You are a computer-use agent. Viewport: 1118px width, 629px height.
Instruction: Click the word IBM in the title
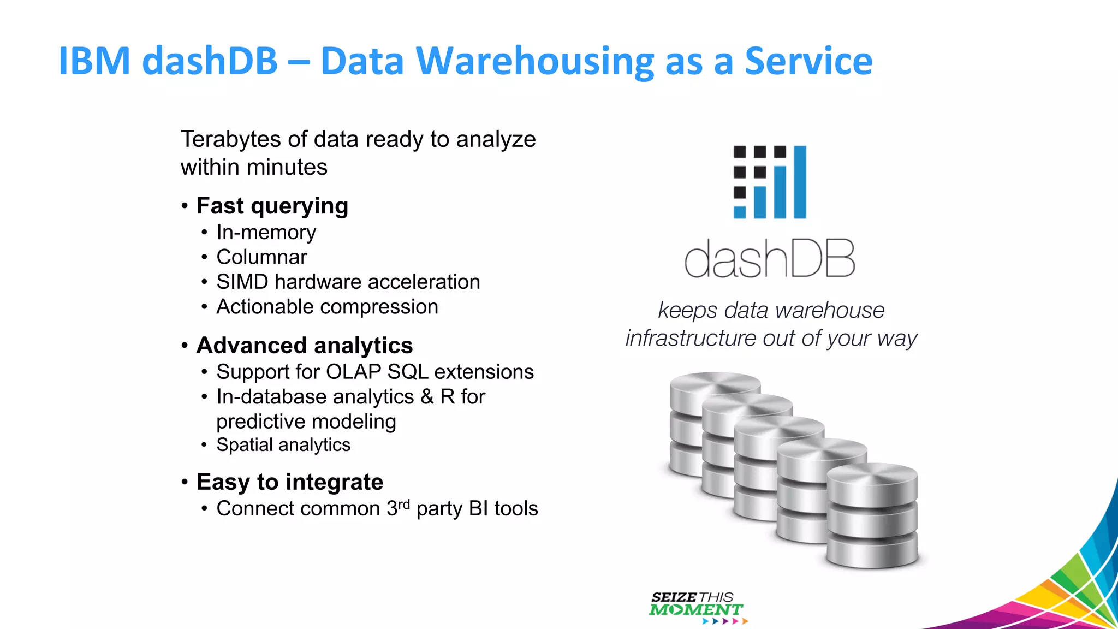click(x=94, y=61)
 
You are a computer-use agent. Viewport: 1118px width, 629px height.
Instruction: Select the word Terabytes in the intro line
click(x=231, y=140)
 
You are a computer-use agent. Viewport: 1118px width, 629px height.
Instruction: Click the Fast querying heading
click(x=272, y=206)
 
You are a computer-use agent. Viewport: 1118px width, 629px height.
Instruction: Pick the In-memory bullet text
click(x=266, y=233)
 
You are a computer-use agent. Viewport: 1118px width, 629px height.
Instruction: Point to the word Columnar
click(x=261, y=257)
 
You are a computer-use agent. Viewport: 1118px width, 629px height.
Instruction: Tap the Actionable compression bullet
click(x=327, y=307)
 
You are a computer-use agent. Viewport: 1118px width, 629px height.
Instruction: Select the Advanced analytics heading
click(x=304, y=346)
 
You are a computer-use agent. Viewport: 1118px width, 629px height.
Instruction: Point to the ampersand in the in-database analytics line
click(x=427, y=397)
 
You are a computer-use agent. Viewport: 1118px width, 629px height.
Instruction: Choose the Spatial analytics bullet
click(x=283, y=445)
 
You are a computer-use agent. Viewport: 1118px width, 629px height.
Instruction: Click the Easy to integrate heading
click(x=289, y=482)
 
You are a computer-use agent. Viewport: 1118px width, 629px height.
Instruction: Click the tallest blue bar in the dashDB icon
click(x=799, y=182)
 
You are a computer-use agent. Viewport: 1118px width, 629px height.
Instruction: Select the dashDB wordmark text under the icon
click(x=769, y=258)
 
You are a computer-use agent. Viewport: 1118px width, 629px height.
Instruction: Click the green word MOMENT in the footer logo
click(x=695, y=610)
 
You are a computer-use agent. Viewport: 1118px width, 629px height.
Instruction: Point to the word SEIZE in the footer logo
click(x=673, y=597)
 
